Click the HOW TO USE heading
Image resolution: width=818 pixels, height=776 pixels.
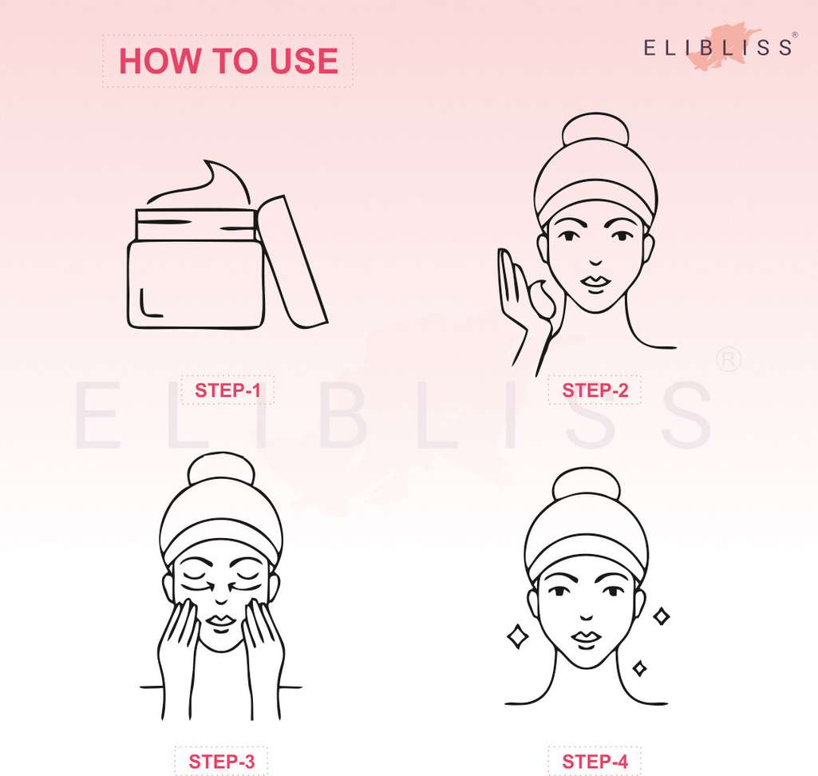click(x=228, y=61)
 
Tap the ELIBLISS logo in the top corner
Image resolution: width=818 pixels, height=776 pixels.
click(x=718, y=47)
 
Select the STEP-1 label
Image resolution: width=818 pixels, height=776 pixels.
click(x=227, y=390)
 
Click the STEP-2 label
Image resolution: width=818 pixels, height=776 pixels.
click(x=595, y=390)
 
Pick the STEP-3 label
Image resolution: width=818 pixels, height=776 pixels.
click(x=221, y=762)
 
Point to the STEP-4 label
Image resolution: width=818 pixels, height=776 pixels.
click(x=595, y=762)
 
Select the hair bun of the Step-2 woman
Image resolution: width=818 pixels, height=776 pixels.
click(x=595, y=132)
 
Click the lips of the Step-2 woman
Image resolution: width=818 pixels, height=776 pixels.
click(x=595, y=282)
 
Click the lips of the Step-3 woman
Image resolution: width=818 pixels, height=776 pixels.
click(x=222, y=620)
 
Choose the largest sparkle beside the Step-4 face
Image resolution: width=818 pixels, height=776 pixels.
click(x=517, y=636)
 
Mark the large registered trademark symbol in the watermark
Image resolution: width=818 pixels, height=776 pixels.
click(x=728, y=359)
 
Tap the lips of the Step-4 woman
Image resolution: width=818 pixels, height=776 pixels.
click(x=587, y=638)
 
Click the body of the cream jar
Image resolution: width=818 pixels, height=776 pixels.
click(x=196, y=283)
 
